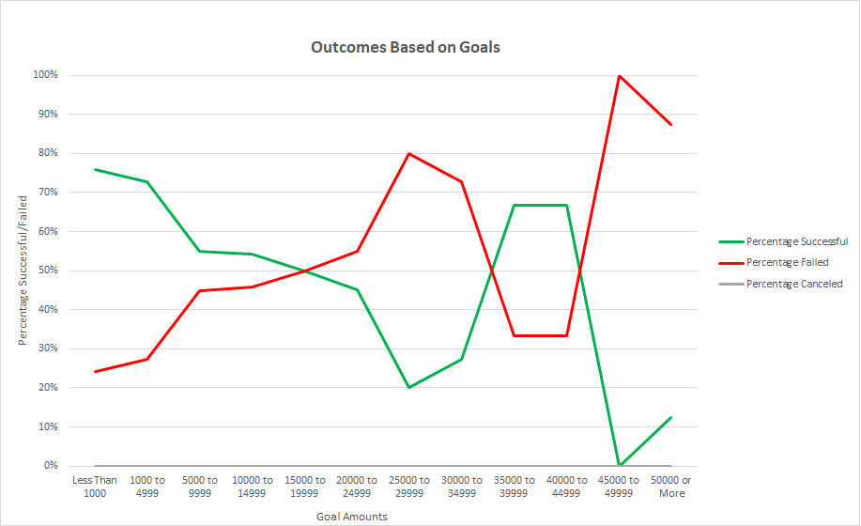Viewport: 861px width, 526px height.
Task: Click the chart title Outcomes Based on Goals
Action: point(406,47)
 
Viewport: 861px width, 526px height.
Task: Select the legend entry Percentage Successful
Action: point(796,241)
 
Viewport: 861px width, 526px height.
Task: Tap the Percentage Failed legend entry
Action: point(787,262)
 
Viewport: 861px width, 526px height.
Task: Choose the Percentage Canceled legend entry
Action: point(794,284)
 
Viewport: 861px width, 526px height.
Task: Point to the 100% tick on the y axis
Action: point(46,75)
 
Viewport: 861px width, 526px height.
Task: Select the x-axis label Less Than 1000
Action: point(95,487)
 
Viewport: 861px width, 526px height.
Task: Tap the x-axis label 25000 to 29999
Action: point(409,487)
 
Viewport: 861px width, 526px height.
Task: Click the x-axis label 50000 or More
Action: point(671,487)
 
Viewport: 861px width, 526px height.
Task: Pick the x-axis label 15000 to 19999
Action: point(304,487)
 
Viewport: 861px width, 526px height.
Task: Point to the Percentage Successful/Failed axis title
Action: point(23,271)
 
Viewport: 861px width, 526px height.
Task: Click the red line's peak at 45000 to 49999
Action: point(619,75)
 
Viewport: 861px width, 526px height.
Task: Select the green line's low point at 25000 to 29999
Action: point(409,387)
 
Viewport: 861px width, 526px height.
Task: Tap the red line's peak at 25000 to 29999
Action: point(409,153)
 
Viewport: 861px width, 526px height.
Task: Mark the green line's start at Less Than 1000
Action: point(95,169)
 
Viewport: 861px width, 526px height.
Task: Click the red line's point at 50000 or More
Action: point(671,124)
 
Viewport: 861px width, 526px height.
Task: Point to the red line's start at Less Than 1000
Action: point(95,371)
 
